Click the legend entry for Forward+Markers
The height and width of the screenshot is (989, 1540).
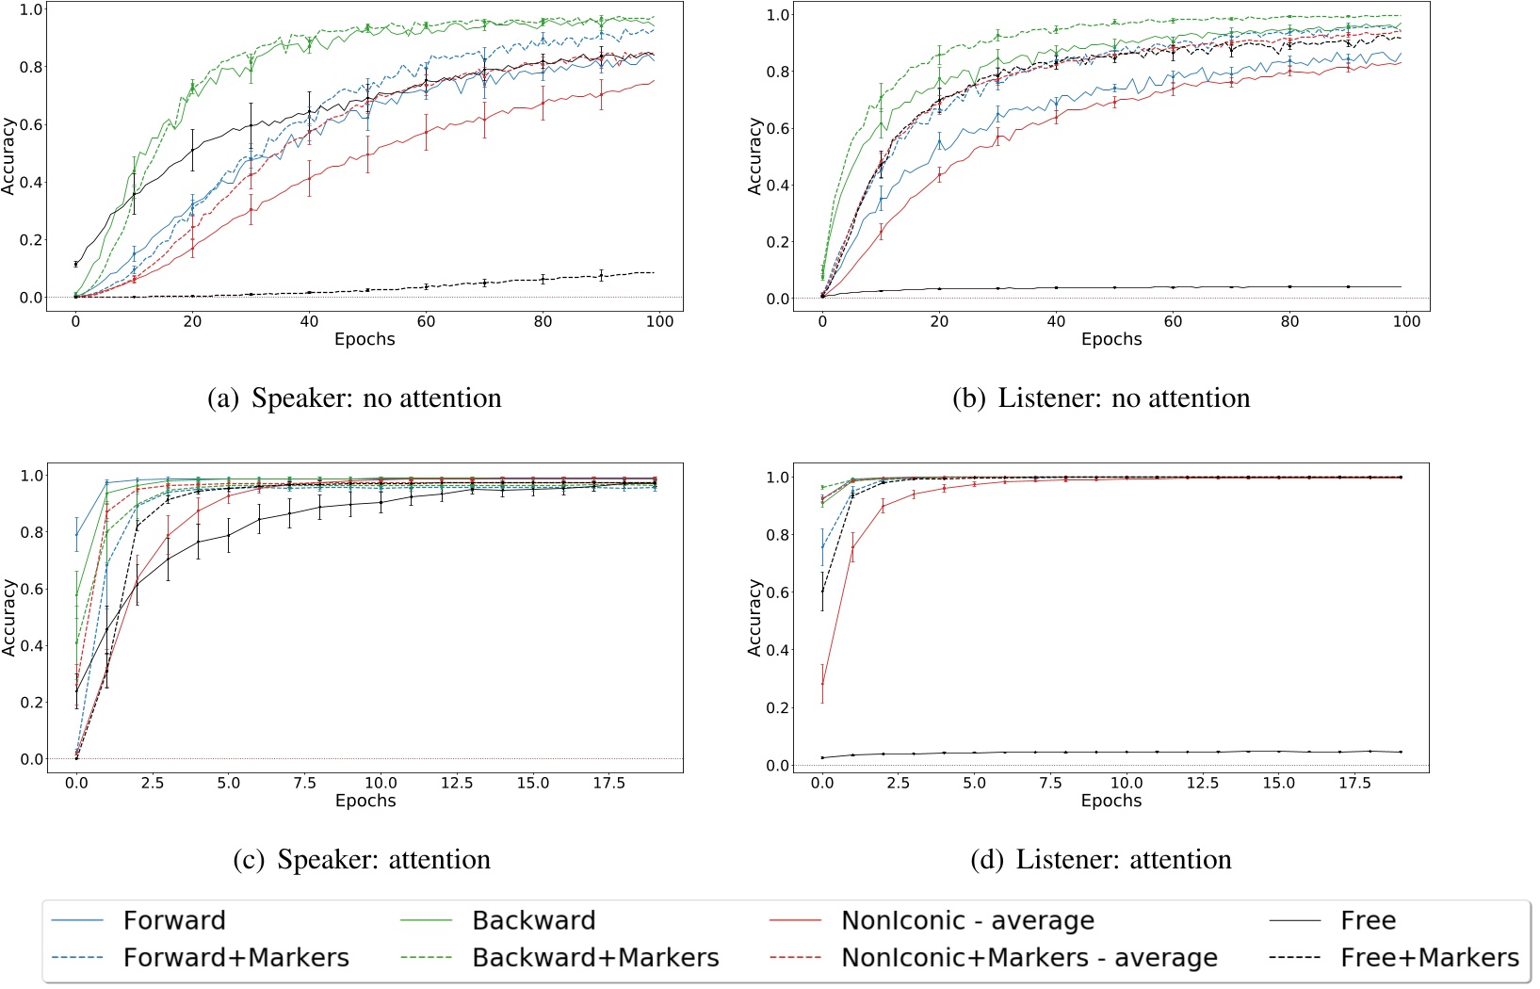pyautogui.click(x=235, y=958)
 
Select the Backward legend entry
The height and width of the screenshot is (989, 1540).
pyautogui.click(x=533, y=920)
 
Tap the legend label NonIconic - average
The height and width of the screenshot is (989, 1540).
pyautogui.click(x=967, y=920)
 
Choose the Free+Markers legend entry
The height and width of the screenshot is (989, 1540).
pyautogui.click(x=1429, y=958)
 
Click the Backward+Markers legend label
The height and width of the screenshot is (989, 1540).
pyautogui.click(x=595, y=958)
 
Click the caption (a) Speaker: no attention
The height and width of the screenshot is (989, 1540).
pyautogui.click(x=354, y=398)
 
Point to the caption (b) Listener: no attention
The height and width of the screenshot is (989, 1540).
pyautogui.click(x=1101, y=398)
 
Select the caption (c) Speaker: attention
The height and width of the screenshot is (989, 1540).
pyautogui.click(x=362, y=859)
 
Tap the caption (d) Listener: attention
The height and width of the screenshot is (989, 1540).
pyautogui.click(x=1101, y=859)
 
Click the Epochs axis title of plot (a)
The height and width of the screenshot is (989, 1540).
pyautogui.click(x=365, y=339)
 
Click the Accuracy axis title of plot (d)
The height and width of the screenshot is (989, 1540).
pyautogui.click(x=754, y=617)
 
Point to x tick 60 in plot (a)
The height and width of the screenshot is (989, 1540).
pyautogui.click(x=427, y=321)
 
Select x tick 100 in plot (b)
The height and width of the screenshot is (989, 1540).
pyautogui.click(x=1406, y=321)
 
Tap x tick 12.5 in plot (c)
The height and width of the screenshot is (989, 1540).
pyautogui.click(x=456, y=783)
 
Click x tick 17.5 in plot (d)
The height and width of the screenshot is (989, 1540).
pyautogui.click(x=1355, y=783)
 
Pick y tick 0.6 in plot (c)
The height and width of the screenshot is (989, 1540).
pyautogui.click(x=32, y=590)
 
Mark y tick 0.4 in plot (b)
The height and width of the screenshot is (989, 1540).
pyautogui.click(x=779, y=186)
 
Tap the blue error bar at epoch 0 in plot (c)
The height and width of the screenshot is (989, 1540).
pyautogui.click(x=76, y=534)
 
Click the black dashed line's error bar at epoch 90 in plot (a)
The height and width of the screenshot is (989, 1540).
pyautogui.click(x=601, y=275)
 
